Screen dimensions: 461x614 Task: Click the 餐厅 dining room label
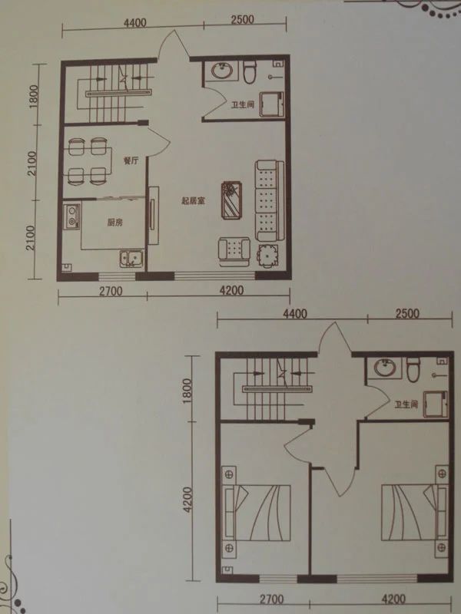tap(131, 160)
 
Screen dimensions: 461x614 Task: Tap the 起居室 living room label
tap(194, 201)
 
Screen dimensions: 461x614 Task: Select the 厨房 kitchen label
tap(114, 223)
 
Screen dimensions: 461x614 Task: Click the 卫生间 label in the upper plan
tap(243, 104)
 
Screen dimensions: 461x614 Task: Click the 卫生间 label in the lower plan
tap(406, 404)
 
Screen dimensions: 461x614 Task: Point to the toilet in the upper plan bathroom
tap(249, 71)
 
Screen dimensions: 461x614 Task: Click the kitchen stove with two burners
tap(72, 216)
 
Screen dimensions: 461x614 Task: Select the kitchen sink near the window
tap(131, 259)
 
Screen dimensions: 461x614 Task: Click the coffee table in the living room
tap(231, 200)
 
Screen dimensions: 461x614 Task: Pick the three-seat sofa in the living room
tap(270, 200)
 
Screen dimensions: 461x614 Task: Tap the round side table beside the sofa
tap(267, 256)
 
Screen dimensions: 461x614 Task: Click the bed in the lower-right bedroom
tap(414, 512)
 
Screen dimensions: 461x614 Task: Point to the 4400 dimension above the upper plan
tap(135, 23)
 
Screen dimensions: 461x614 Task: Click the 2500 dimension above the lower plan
tap(407, 314)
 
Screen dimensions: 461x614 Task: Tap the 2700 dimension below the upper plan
tap(111, 292)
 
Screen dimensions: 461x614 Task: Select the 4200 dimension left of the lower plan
tap(188, 500)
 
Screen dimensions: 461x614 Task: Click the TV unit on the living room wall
tap(153, 216)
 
